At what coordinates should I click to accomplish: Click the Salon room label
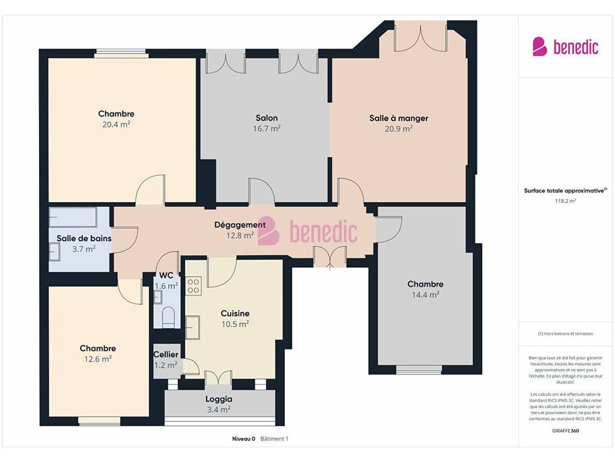pyautogui.click(x=266, y=118)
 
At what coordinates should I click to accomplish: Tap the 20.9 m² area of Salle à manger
pyautogui.click(x=398, y=129)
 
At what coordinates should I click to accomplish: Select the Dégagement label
pyautogui.click(x=240, y=225)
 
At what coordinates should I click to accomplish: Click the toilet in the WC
pyautogui.click(x=168, y=317)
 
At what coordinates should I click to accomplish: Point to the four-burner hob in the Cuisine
pyautogui.click(x=193, y=286)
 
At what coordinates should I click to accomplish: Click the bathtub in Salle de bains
pyautogui.click(x=73, y=217)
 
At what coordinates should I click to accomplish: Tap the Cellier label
pyautogui.click(x=166, y=354)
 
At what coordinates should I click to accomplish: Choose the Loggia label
pyautogui.click(x=219, y=399)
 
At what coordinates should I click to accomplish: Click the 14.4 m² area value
pyautogui.click(x=425, y=295)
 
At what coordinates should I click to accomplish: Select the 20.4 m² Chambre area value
pyautogui.click(x=116, y=125)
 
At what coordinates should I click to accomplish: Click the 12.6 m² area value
pyautogui.click(x=98, y=359)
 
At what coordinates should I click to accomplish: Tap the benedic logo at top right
pyautogui.click(x=565, y=46)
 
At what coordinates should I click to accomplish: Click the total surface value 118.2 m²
pyautogui.click(x=565, y=201)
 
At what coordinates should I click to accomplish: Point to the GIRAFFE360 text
pyautogui.click(x=565, y=431)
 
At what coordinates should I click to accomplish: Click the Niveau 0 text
pyautogui.click(x=244, y=439)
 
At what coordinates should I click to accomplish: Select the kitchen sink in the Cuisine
pyautogui.click(x=193, y=327)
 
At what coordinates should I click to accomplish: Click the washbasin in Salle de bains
pyautogui.click(x=54, y=251)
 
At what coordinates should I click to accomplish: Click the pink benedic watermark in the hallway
pyautogui.click(x=307, y=231)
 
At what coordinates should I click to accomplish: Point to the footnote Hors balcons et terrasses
pyautogui.click(x=565, y=333)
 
